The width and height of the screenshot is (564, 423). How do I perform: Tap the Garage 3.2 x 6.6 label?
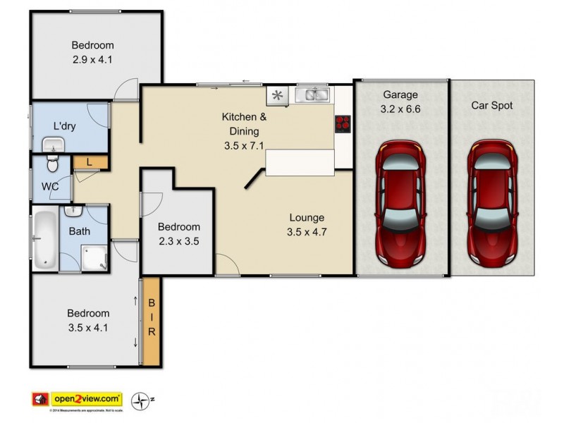(400, 102)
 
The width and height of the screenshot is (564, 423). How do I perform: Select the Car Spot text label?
(492, 106)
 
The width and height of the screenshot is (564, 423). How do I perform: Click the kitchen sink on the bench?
(312, 94)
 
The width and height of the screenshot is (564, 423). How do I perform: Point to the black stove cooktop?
(343, 123)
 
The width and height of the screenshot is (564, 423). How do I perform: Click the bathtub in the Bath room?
(44, 239)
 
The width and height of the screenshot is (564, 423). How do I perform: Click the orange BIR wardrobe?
(151, 321)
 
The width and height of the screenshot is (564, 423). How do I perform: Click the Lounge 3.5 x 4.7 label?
(305, 225)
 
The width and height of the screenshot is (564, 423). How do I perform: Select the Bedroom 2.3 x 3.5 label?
(178, 234)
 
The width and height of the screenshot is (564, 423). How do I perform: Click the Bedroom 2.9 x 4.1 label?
(92, 53)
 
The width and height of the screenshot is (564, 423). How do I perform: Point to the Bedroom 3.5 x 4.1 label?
(88, 320)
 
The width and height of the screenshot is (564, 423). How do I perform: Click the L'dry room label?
(66, 126)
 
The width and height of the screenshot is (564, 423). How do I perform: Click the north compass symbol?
(144, 400)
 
